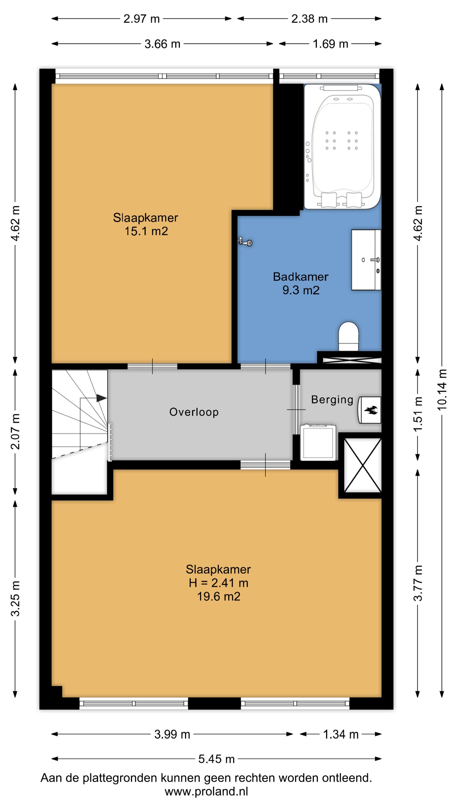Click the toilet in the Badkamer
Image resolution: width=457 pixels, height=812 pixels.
tap(348, 336)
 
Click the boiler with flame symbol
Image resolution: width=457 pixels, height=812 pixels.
tap(369, 410)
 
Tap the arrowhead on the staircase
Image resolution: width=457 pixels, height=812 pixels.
tap(102, 398)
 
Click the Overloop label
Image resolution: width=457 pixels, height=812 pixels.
tap(194, 412)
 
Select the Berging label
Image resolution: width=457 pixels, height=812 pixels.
tap(332, 400)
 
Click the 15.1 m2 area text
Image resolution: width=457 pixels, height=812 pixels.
tap(146, 231)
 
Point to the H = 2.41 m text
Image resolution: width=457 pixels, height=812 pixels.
tap(219, 583)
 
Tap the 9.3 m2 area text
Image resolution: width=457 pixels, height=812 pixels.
tap(301, 290)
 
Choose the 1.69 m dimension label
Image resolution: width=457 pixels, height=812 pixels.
tap(330, 44)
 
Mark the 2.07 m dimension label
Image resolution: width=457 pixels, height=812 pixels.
tap(15, 432)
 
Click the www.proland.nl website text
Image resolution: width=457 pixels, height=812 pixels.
tap(206, 791)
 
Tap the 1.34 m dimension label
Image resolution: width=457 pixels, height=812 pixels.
tap(341, 734)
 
